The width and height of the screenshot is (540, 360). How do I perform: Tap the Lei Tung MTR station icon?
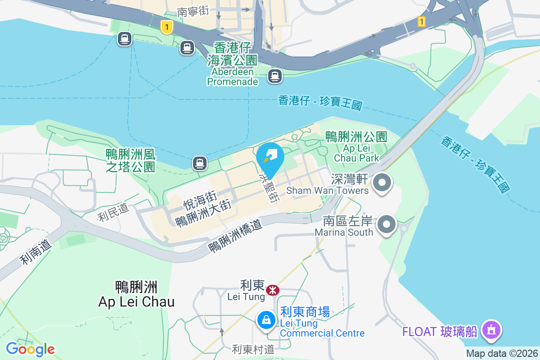tap(272, 290)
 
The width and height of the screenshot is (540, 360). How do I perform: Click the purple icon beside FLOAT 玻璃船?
tap(491, 331)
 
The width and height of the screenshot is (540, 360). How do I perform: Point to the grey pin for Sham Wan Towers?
tap(383, 183)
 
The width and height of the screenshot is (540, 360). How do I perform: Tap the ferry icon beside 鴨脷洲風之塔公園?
tap(200, 163)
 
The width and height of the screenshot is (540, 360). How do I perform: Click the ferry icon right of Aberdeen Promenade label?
tap(274, 76)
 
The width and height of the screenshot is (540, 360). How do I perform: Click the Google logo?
tap(30, 349)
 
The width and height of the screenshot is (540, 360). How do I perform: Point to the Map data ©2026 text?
tap(501, 353)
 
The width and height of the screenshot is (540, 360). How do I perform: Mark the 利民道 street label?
tap(113, 211)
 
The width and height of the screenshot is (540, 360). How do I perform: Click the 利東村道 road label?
tap(253, 349)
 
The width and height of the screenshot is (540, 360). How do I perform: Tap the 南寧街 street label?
tap(193, 12)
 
